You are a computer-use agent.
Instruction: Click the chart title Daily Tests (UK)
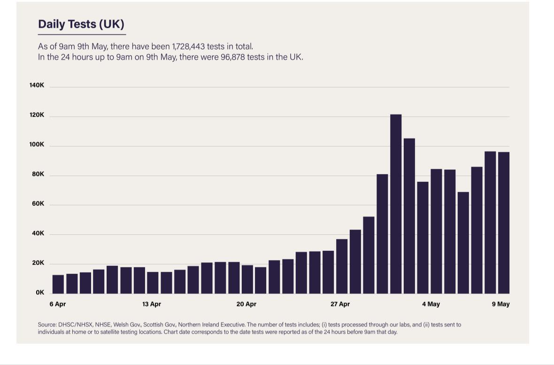coord(81,24)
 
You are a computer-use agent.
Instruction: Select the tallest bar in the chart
coord(396,203)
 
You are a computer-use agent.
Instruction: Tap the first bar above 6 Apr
coord(58,284)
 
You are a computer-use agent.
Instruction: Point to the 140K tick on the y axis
coord(37,85)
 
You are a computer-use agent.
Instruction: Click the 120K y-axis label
coord(37,115)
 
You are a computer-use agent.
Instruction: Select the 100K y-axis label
coord(37,145)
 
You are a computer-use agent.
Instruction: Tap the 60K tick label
coord(38,204)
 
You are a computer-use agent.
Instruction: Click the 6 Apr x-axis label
coord(58,304)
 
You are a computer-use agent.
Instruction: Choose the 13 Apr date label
coord(152,304)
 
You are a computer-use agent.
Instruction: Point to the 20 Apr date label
coord(246,304)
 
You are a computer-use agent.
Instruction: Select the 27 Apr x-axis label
coord(340,304)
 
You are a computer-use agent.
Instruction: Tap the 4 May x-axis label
coord(431,304)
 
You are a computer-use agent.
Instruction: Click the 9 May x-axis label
coord(500,304)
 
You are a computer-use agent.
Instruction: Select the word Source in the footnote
coord(47,325)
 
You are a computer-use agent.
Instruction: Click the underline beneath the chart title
coord(82,34)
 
